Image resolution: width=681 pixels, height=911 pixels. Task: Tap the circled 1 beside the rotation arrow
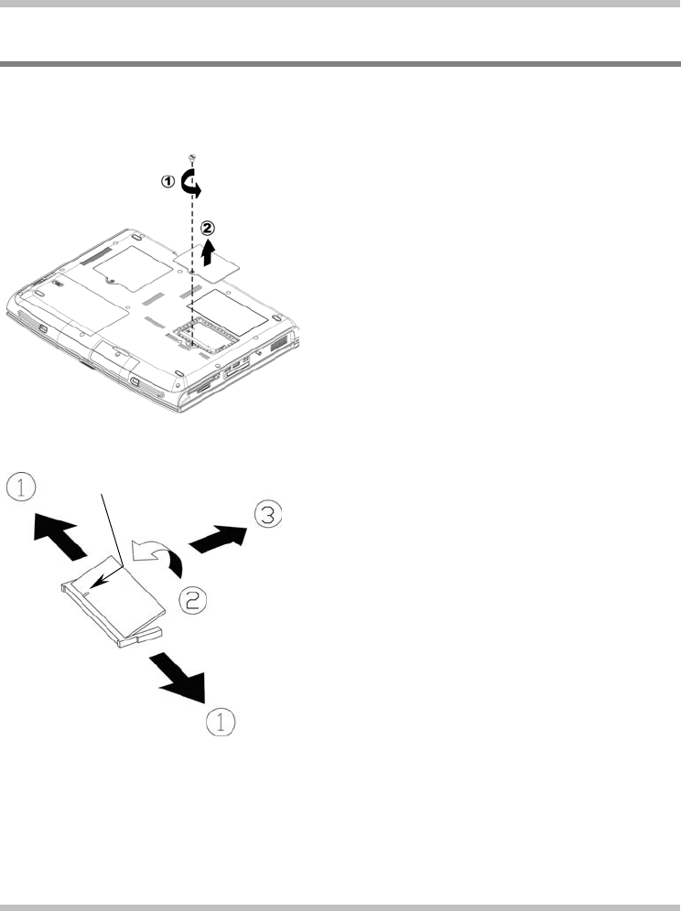click(168, 182)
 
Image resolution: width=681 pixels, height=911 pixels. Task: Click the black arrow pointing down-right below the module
click(183, 675)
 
